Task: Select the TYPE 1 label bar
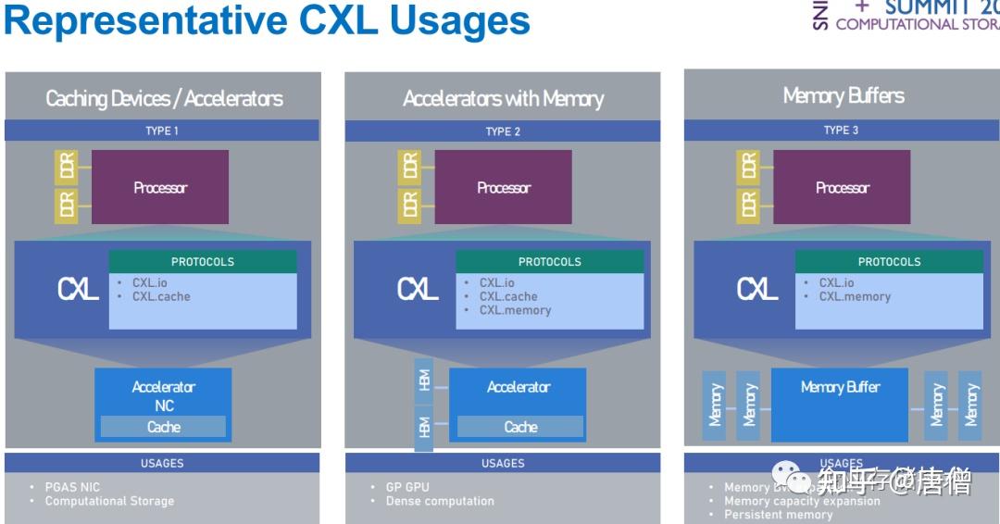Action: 162,131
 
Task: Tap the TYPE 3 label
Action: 841,130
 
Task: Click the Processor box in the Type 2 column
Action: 504,188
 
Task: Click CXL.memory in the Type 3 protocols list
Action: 854,296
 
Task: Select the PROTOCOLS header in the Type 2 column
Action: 550,261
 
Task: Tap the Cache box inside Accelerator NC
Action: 163,427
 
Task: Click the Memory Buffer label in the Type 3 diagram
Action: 840,387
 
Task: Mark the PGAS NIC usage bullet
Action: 72,487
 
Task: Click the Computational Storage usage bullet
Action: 109,501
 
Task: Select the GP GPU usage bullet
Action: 407,487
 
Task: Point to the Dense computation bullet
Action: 440,501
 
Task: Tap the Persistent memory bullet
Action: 778,515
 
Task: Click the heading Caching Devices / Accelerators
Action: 164,98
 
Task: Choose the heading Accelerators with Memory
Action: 503,98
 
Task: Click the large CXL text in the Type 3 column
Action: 757,290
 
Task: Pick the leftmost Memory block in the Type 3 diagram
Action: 714,405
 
